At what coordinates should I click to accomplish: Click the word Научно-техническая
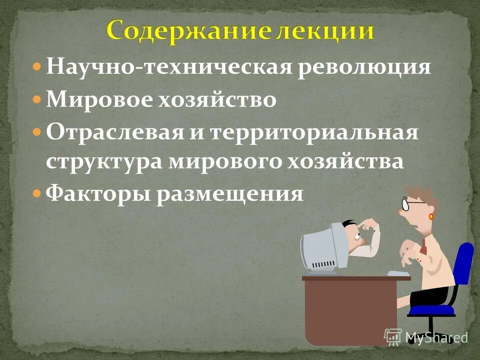168,67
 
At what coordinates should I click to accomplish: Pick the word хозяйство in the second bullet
217,100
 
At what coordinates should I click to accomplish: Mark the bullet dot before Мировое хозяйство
37,100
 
